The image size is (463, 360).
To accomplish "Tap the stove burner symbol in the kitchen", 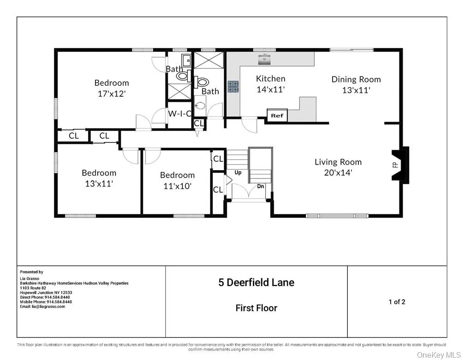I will click(x=233, y=87).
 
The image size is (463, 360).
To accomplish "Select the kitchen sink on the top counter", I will click(x=264, y=58).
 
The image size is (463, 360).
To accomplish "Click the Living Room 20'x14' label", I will click(x=338, y=167).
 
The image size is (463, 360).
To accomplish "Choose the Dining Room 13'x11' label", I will click(x=356, y=85).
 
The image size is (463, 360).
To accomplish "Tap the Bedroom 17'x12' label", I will click(x=111, y=88).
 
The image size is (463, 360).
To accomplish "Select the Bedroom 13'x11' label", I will click(x=99, y=178).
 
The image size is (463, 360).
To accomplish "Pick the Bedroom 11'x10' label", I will click(x=177, y=180).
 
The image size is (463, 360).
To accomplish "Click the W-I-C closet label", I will click(x=180, y=113).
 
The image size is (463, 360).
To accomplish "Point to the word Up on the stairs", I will click(x=238, y=173).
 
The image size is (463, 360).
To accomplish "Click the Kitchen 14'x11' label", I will click(x=270, y=84).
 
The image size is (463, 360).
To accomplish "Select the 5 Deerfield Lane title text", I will click(x=256, y=283).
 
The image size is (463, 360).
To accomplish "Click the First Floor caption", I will click(x=256, y=308).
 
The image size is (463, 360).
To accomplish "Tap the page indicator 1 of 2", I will click(x=397, y=302).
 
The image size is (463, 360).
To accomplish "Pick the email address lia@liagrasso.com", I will click(x=42, y=307).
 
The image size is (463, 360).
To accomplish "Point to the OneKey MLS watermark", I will click(x=438, y=354).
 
